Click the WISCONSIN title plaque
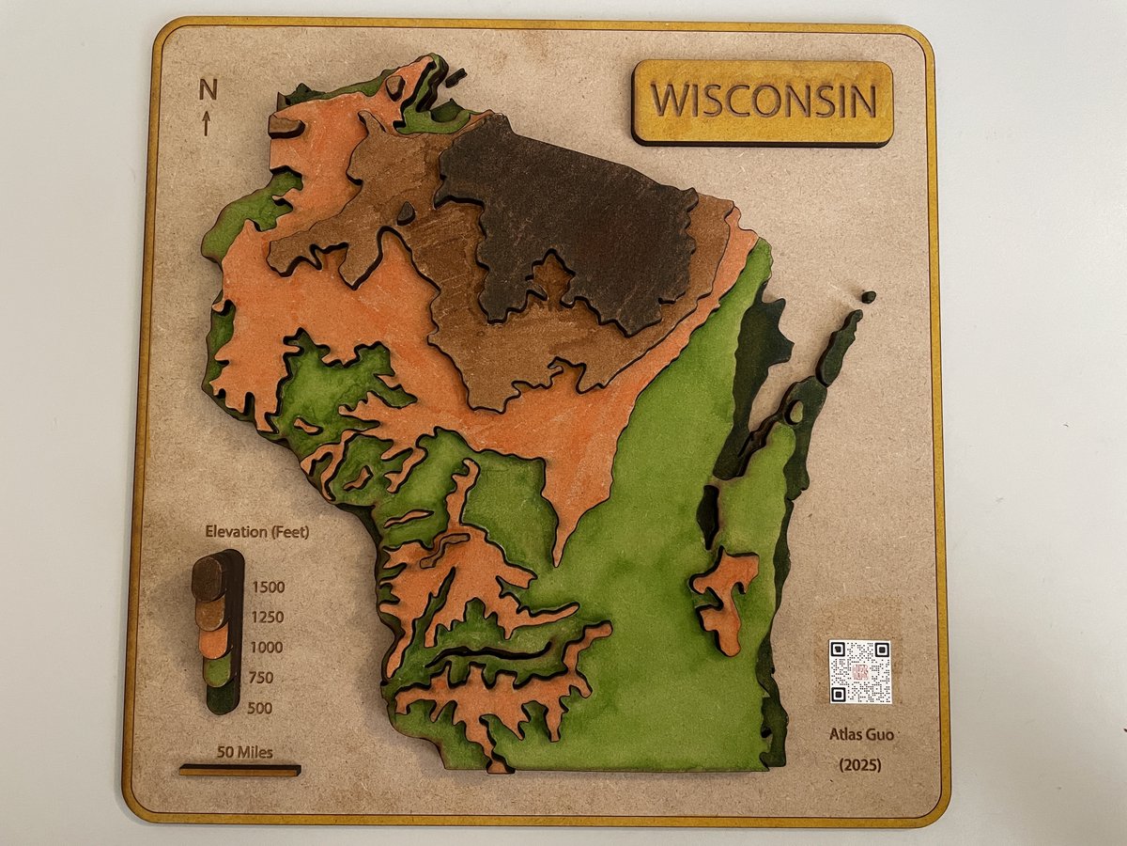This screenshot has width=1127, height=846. pyautogui.click(x=763, y=102)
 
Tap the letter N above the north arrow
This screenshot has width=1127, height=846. pyautogui.click(x=208, y=89)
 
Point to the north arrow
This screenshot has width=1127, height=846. pyautogui.click(x=206, y=123)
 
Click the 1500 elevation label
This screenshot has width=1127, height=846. pyautogui.click(x=268, y=587)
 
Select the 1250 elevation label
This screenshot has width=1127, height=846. pyautogui.click(x=268, y=618)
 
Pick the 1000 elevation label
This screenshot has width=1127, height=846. pyautogui.click(x=268, y=648)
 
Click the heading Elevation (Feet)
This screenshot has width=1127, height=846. pyautogui.click(x=256, y=532)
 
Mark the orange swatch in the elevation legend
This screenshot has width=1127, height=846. pyautogui.click(x=214, y=641)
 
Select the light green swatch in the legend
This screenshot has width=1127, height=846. pyautogui.click(x=218, y=669)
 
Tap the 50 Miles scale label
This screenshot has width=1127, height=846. pyautogui.click(x=244, y=752)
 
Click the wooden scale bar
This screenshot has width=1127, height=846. pyautogui.click(x=239, y=770)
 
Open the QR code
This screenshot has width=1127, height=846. pyautogui.click(x=859, y=671)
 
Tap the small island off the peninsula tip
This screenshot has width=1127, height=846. pyautogui.click(x=868, y=297)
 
